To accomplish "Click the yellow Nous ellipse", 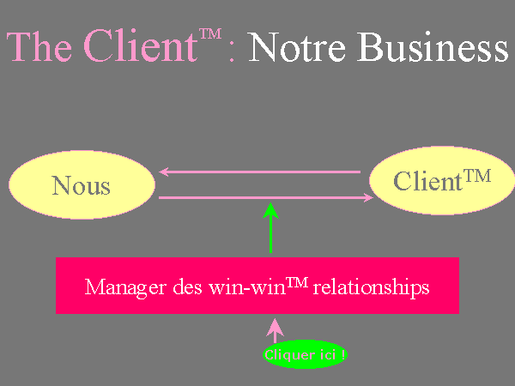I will pos(82,184).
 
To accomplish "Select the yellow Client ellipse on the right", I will pos(441,181).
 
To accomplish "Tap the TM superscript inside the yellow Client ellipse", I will pos(477,175).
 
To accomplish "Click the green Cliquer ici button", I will pos(306,353).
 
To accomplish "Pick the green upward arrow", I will pos(271,228).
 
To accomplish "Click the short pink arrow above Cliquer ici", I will pos(275,329).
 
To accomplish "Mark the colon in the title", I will pos(233,53).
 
